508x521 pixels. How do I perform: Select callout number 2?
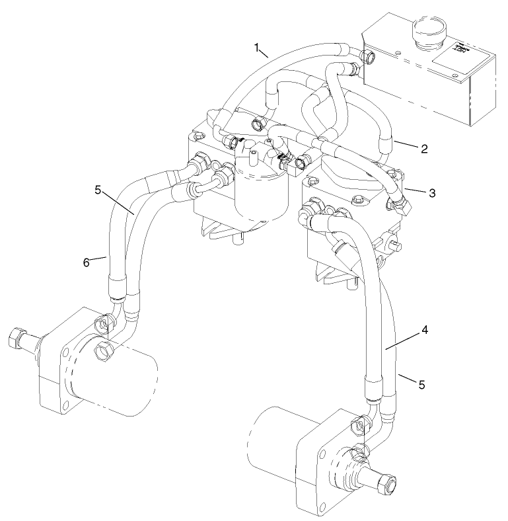pyautogui.click(x=423, y=149)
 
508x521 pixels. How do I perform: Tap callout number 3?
pyautogui.click(x=431, y=193)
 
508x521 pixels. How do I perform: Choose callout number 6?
pyautogui.click(x=86, y=262)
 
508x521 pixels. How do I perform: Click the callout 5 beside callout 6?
pyautogui.click(x=97, y=190)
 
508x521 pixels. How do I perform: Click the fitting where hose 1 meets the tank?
pyautogui.click(x=367, y=58)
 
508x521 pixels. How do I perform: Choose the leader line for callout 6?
pyautogui.click(x=99, y=259)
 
